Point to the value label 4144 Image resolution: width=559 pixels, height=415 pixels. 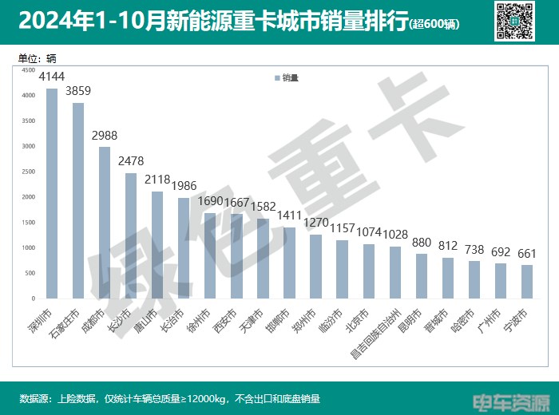[x=52, y=77]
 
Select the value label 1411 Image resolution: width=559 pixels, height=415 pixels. [x=289, y=215]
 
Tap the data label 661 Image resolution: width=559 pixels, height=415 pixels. [x=526, y=254]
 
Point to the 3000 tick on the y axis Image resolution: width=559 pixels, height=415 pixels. [x=28, y=146]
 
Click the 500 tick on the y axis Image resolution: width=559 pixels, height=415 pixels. [x=30, y=273]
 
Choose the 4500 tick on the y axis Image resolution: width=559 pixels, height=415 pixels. [x=28, y=70]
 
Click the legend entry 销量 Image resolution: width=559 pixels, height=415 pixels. [x=287, y=78]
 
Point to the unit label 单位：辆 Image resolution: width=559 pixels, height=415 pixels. [x=37, y=58]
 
